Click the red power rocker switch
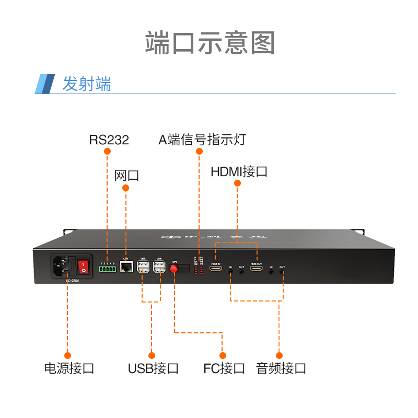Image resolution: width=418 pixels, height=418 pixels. click(x=84, y=267)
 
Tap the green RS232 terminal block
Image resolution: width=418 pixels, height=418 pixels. click(x=107, y=269)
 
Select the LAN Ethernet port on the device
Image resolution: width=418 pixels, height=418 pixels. click(x=125, y=267)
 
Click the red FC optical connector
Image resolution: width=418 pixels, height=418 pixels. click(x=174, y=269)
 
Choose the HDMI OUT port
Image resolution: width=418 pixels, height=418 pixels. click(x=256, y=269)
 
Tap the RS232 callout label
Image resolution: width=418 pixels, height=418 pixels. click(x=109, y=140)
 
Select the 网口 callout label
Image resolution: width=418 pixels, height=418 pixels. click(x=126, y=175)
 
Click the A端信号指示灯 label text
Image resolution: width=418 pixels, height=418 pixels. click(x=202, y=140)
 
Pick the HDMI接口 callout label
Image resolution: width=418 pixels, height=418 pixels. click(x=239, y=171)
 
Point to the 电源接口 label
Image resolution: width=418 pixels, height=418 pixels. click(x=69, y=368)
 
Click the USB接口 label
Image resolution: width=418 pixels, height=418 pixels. click(x=153, y=368)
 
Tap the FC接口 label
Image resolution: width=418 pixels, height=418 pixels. click(x=224, y=368)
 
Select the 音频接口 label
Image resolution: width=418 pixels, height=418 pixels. click(x=281, y=368)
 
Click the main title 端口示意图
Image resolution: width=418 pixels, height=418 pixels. click(x=210, y=43)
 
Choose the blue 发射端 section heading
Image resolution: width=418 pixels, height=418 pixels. click(x=87, y=84)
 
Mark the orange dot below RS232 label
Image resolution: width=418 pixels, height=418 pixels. click(x=108, y=152)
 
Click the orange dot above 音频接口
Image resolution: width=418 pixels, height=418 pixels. click(x=279, y=355)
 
